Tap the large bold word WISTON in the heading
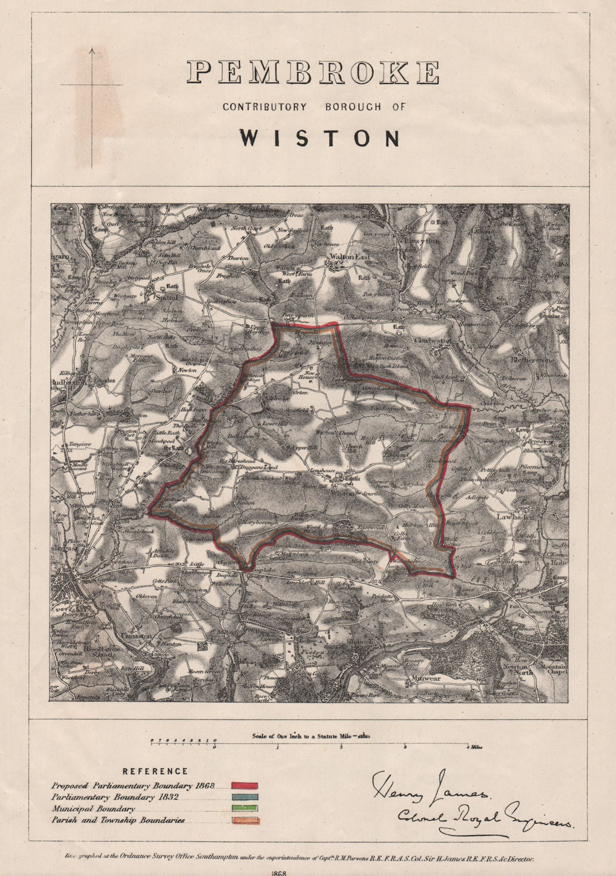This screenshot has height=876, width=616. (x=320, y=139)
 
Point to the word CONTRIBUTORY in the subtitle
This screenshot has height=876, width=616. (x=264, y=107)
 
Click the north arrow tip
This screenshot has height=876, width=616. (x=92, y=50)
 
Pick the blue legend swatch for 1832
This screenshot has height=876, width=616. (x=245, y=797)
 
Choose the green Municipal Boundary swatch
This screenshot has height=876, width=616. (x=245, y=809)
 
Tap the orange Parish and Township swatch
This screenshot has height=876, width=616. (x=245, y=820)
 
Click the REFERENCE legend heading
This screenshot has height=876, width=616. (x=155, y=771)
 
